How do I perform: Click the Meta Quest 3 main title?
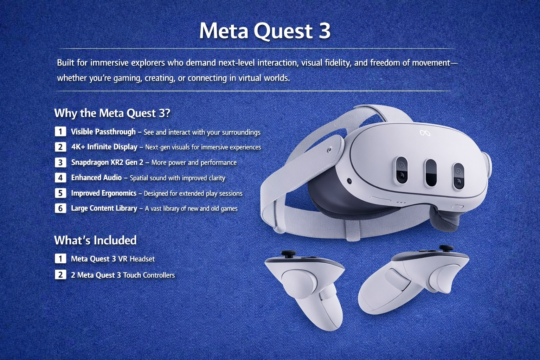(x=265, y=31)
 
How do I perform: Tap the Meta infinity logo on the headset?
(x=425, y=133)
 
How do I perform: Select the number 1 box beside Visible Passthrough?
(x=60, y=131)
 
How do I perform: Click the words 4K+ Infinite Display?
(x=104, y=147)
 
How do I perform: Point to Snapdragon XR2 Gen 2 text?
(x=107, y=162)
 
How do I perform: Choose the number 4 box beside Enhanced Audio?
(x=60, y=178)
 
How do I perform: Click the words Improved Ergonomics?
(x=104, y=193)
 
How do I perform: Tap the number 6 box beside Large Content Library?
(x=60, y=208)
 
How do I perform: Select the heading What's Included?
(x=96, y=240)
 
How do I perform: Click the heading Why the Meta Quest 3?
(x=112, y=113)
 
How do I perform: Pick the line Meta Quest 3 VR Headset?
(x=113, y=259)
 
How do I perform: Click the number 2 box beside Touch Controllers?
(x=60, y=275)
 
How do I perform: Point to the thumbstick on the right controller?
(x=446, y=248)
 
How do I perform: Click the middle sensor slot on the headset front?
(x=431, y=173)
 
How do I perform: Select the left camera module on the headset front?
(x=401, y=170)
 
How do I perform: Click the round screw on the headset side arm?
(x=329, y=150)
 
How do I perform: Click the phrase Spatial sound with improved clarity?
(x=178, y=178)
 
